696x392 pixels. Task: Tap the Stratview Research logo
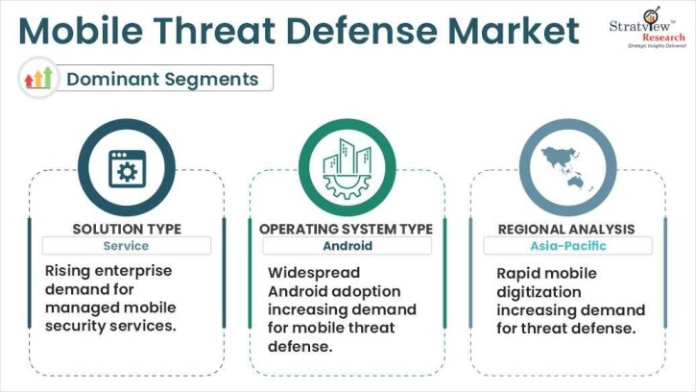click(647, 29)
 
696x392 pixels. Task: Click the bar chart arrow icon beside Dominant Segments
click(39, 78)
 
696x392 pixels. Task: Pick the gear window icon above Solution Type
click(126, 167)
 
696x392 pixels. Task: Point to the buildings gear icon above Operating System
click(347, 167)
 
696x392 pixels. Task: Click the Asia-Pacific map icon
click(567, 167)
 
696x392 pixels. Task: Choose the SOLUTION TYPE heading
click(127, 229)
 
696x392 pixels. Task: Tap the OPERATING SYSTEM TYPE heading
click(346, 229)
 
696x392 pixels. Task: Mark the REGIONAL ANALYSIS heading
click(566, 229)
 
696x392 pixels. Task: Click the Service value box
click(127, 247)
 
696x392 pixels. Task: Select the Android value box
click(346, 247)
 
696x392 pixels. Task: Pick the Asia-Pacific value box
click(566, 247)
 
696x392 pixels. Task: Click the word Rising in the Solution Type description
click(69, 272)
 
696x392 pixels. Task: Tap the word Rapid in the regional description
click(520, 273)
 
